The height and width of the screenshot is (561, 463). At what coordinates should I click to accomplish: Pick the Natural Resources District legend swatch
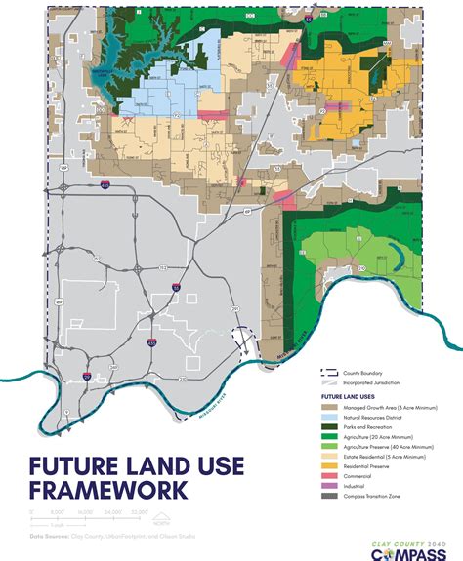(x=328, y=417)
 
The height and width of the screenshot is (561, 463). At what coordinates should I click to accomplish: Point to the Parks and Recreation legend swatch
(x=328, y=428)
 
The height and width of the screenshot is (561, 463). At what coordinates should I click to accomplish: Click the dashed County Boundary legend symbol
(x=328, y=373)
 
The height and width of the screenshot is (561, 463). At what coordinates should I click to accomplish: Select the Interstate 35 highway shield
(x=176, y=289)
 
